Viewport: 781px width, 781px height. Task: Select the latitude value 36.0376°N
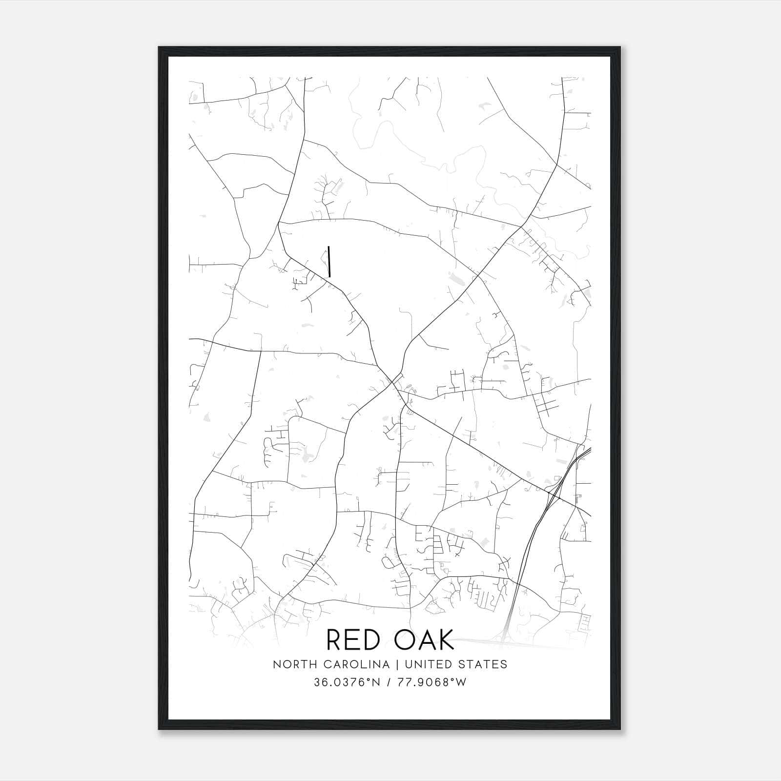[x=347, y=682]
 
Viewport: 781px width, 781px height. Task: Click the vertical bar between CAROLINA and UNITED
[x=397, y=664]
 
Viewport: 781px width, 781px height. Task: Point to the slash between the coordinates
[x=389, y=682]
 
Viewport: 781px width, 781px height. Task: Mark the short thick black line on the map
[x=329, y=261]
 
